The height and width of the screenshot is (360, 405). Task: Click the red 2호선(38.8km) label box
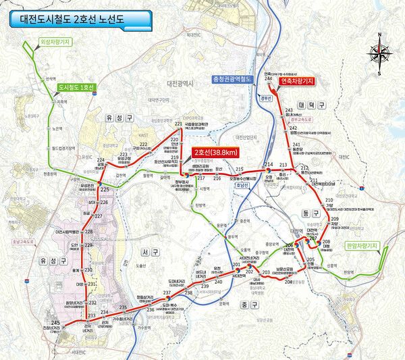coord(214,152)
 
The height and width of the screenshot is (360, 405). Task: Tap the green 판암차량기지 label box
coord(360,246)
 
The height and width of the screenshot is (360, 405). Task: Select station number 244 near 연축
coord(269,80)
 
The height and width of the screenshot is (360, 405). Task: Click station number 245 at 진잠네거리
coord(55,324)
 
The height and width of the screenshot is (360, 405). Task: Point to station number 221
coord(178,124)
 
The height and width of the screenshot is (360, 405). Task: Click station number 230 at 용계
coord(88,270)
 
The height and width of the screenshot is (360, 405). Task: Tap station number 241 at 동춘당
coord(296,145)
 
